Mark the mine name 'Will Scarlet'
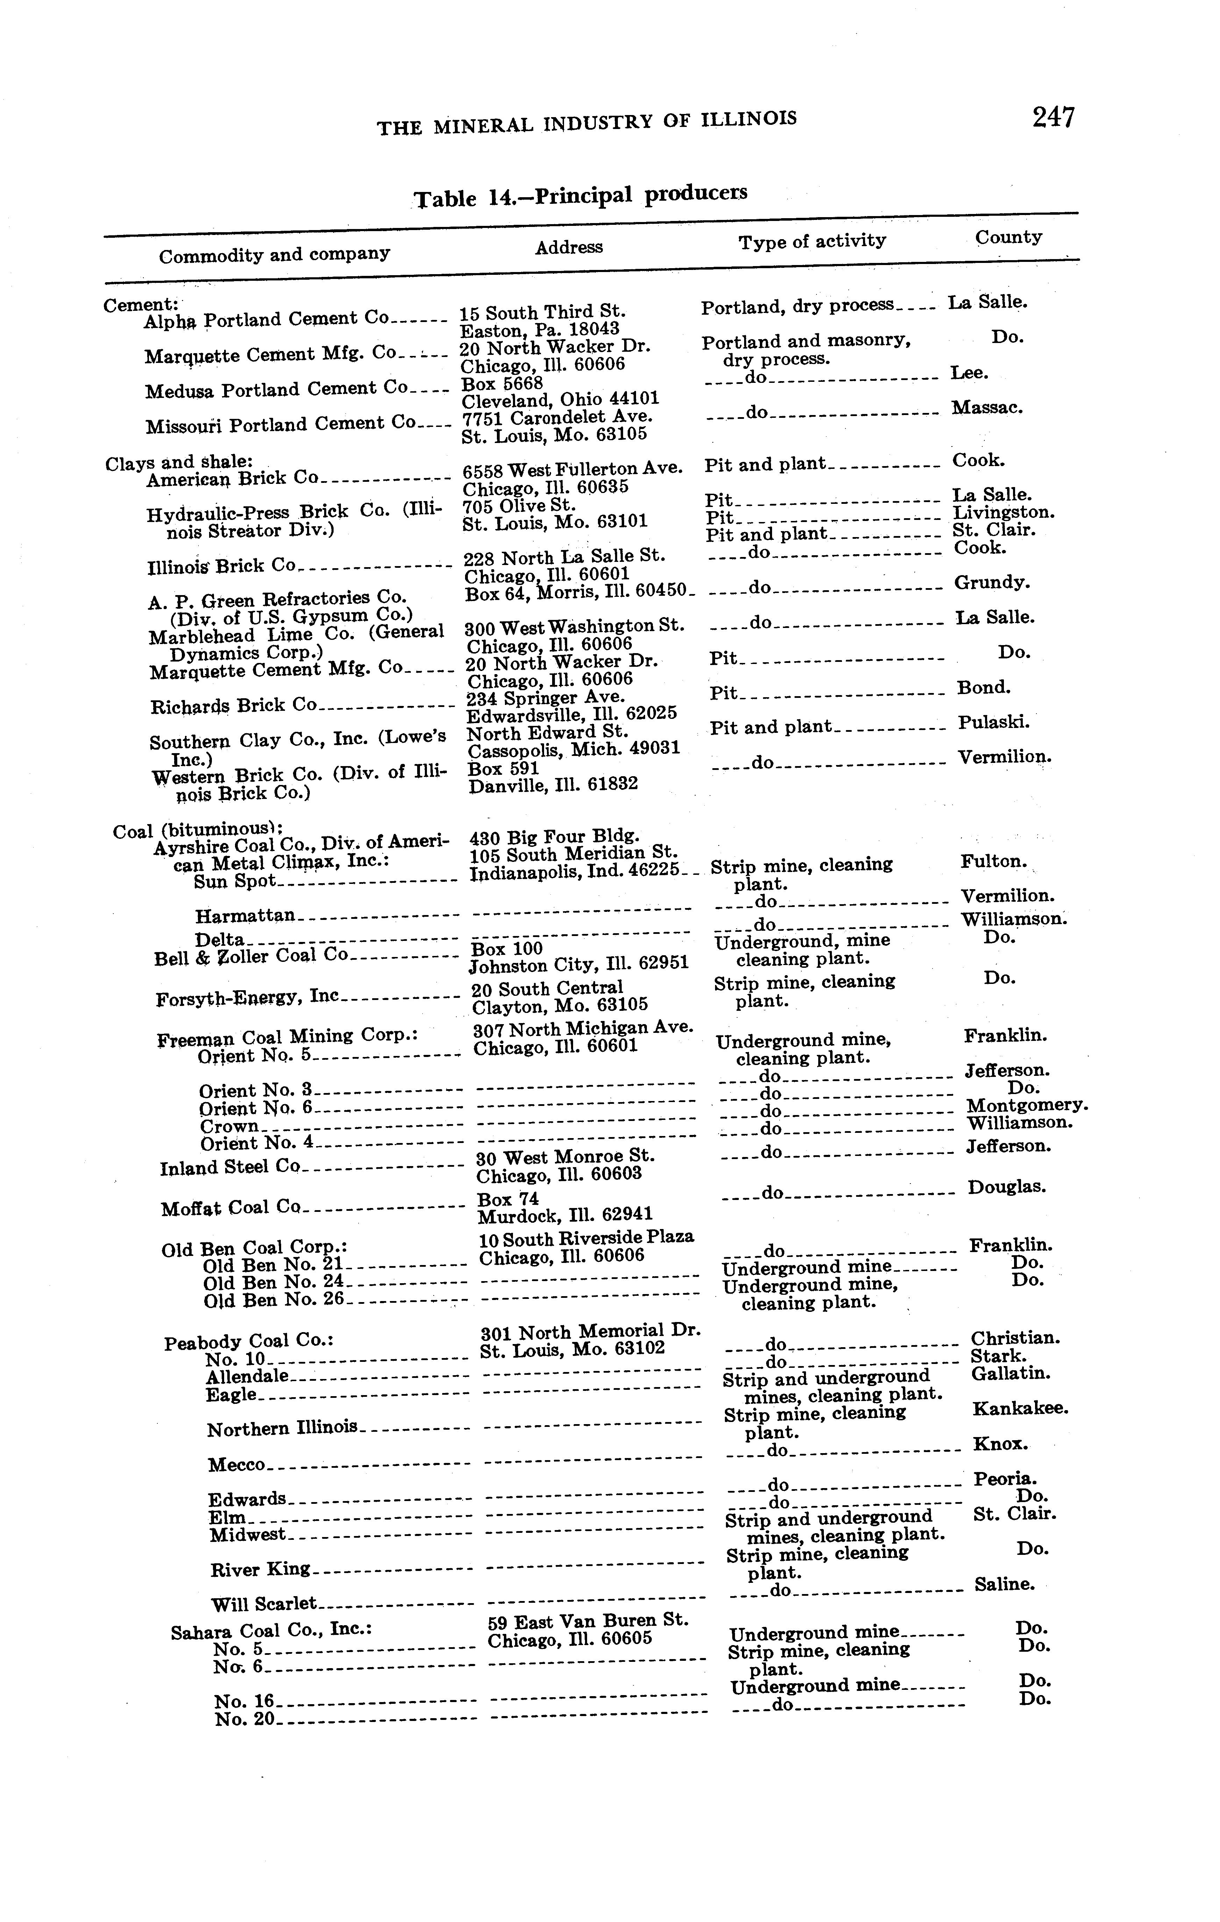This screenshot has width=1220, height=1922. [264, 1603]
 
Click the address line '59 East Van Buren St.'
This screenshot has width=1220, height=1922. [588, 1621]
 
